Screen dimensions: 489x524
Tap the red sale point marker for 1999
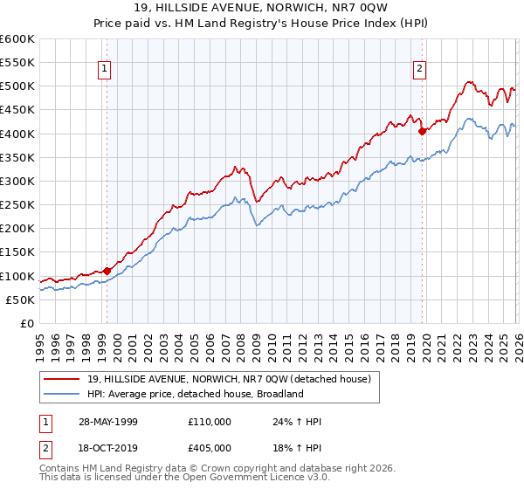coord(107,271)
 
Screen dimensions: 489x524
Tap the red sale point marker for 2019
coord(422,131)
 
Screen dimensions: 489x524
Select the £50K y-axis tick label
coord(21,300)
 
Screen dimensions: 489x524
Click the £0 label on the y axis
coord(28,323)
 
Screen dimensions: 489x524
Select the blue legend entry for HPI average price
coord(194,394)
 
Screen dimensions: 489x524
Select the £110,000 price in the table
coord(210,422)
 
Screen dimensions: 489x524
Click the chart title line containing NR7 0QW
coord(262,10)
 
